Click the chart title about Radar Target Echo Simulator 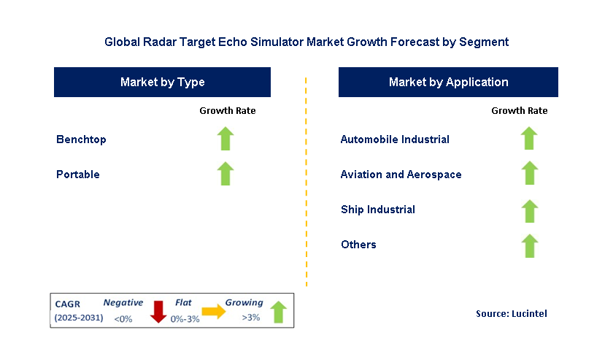307,42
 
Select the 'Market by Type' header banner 162,82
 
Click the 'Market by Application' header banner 448,82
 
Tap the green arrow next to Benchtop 226,139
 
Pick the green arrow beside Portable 226,174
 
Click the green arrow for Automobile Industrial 529,139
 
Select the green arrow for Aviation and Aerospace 529,174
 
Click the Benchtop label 81,139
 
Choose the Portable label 78,175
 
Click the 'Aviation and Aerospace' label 401,175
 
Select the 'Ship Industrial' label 378,210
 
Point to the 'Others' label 358,245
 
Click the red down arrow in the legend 157,311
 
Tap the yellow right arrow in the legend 214,312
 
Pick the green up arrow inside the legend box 278,312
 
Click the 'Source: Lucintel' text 511,313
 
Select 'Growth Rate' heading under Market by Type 228,111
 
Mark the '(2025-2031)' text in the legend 78,318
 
